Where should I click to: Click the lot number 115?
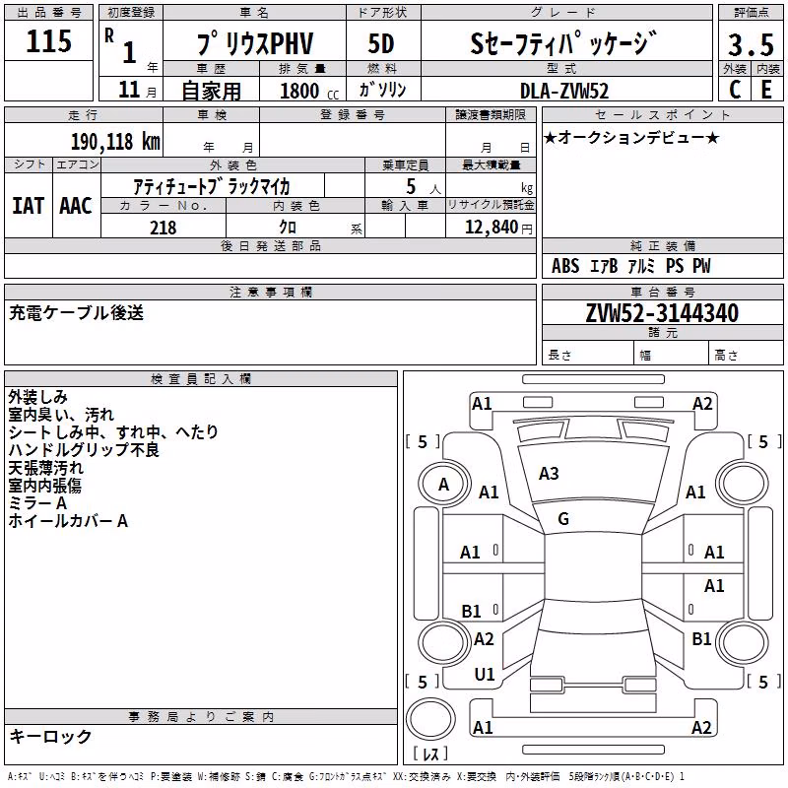[x=48, y=40]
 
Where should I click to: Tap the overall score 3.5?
[x=751, y=44]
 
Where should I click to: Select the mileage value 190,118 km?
[x=115, y=142]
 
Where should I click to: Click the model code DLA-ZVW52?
[x=564, y=91]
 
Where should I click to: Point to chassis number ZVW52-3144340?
[x=662, y=313]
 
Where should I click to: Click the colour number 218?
[x=163, y=228]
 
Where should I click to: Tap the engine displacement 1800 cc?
[x=309, y=91]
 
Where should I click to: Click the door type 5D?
[x=381, y=43]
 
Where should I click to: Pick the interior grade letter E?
[x=766, y=90]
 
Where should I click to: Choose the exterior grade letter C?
[x=735, y=90]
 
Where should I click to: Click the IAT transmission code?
[x=28, y=206]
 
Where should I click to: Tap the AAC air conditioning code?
[x=76, y=206]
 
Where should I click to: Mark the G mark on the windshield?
[x=563, y=519]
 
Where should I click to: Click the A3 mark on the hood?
[x=549, y=474]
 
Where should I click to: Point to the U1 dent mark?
[x=485, y=675]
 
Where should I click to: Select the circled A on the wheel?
[x=443, y=485]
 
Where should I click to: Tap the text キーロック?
[x=50, y=737]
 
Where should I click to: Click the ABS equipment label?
[x=565, y=266]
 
